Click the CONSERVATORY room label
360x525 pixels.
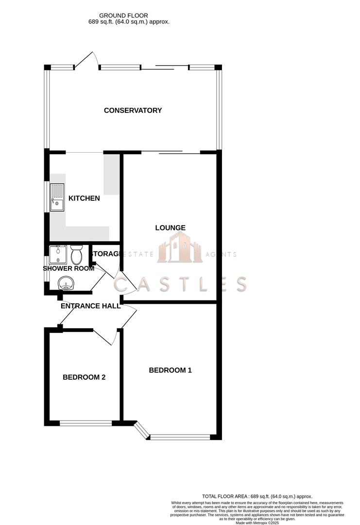pos(133,110)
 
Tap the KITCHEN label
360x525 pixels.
pos(84,198)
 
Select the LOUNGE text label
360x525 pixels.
pos(170,227)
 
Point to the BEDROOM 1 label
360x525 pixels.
pos(170,370)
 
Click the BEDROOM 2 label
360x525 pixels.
pos(84,377)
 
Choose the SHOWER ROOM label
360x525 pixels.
pos(69,268)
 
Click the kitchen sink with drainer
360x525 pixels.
pos(56,197)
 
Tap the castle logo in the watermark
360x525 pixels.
pos(179,247)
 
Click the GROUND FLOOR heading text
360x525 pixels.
pos(123,16)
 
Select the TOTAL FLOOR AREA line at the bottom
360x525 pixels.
pos(257,496)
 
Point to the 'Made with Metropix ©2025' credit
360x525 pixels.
pos(257,523)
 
